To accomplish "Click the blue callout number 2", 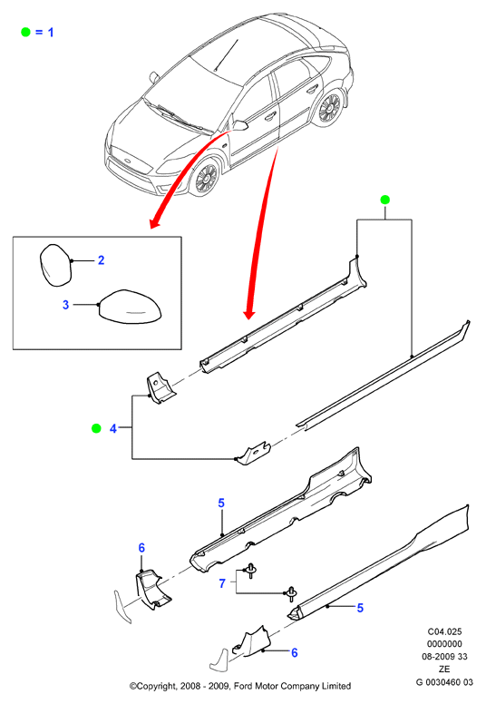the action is pyautogui.click(x=101, y=260).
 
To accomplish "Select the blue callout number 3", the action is pyautogui.click(x=65, y=305).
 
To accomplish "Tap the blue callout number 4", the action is pyautogui.click(x=113, y=429).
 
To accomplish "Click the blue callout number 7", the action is pyautogui.click(x=222, y=583).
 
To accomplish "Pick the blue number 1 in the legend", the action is pyautogui.click(x=51, y=33).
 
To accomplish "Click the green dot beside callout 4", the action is pyautogui.click(x=96, y=428).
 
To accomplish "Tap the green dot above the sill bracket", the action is pyautogui.click(x=384, y=200).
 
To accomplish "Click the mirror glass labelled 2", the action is pyautogui.click(x=55, y=265).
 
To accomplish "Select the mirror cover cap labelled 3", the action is pyautogui.click(x=130, y=307).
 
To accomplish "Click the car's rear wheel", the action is pyautogui.click(x=330, y=108).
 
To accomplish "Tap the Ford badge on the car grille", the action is pyautogui.click(x=128, y=161).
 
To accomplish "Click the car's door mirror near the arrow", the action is pyautogui.click(x=240, y=125).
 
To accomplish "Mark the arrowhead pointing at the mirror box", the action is pyautogui.click(x=155, y=221).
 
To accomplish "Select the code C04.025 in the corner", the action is pyautogui.click(x=444, y=631).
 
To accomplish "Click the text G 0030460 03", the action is pyautogui.click(x=444, y=682).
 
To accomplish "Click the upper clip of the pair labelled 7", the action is pyautogui.click(x=250, y=571).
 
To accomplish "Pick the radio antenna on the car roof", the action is pyautogui.click(x=227, y=55).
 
